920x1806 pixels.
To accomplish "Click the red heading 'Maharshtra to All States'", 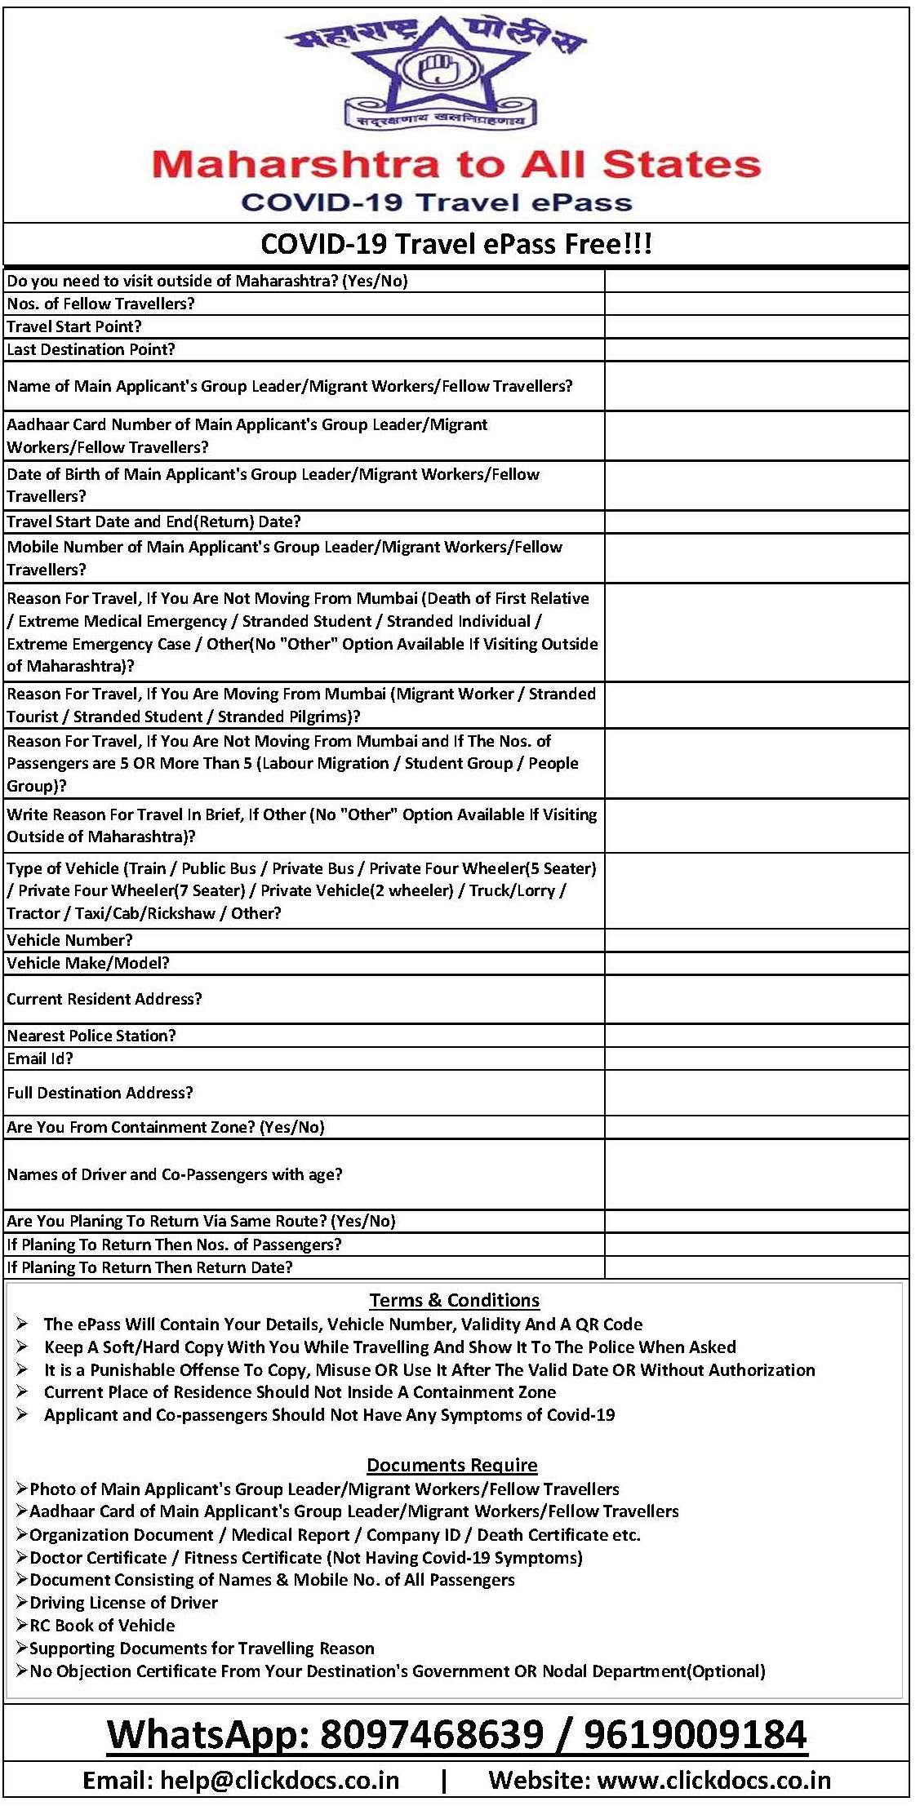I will click(x=456, y=164).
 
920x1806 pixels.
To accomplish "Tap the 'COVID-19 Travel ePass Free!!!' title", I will click(x=456, y=244).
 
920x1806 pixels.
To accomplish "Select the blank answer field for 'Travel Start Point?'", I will click(x=756, y=327).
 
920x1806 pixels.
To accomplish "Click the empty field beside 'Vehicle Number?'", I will click(x=756, y=940).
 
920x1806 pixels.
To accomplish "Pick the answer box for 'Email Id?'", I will click(x=756, y=1058).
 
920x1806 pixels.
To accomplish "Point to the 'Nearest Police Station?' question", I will click(x=91, y=1036).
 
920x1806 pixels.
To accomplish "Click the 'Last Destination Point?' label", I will click(x=91, y=349).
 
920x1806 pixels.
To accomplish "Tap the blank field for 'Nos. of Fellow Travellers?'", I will click(x=756, y=304).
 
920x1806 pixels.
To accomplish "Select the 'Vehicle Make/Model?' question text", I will click(x=88, y=963).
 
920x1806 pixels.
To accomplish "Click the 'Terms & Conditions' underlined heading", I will click(x=455, y=1300).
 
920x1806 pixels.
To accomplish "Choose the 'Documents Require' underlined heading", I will click(x=452, y=1465).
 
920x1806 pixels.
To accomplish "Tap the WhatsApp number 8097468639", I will click(x=432, y=1735).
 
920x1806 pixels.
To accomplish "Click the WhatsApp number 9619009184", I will click(x=696, y=1735).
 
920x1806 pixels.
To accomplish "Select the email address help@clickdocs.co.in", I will click(x=279, y=1781).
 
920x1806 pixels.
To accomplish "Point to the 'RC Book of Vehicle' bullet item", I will click(x=102, y=1625).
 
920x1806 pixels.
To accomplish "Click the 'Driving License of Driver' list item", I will click(x=123, y=1602).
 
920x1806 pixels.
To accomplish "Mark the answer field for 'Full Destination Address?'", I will click(x=756, y=1093).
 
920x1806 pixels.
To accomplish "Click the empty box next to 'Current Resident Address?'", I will click(x=756, y=999).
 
